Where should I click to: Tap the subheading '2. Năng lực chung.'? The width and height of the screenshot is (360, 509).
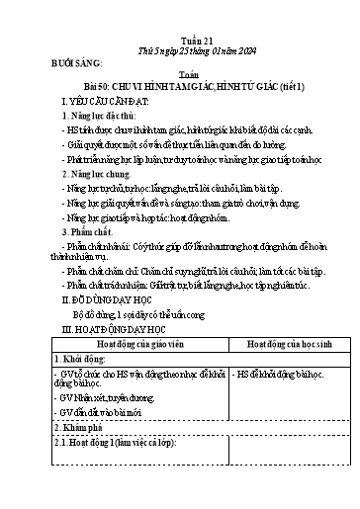113,171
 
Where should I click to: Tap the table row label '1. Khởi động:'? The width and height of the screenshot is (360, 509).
94,363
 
